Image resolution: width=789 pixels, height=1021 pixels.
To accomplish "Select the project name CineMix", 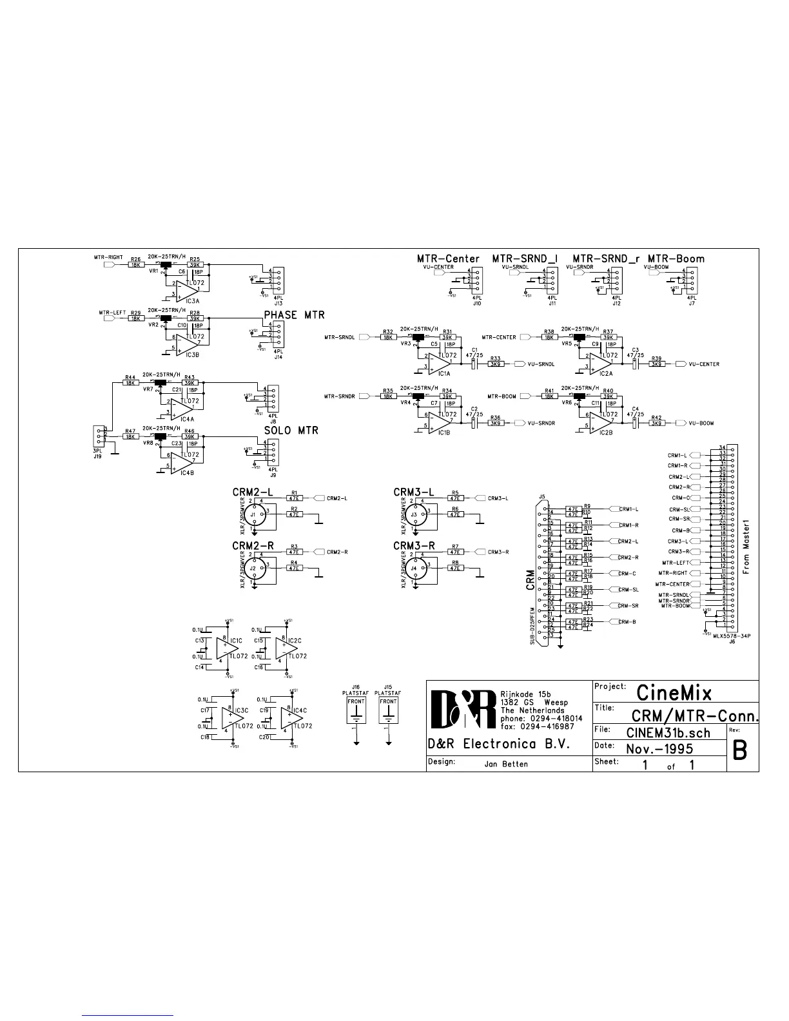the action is pyautogui.click(x=674, y=692).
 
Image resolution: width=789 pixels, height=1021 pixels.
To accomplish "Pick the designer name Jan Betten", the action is pyautogui.click(x=505, y=764).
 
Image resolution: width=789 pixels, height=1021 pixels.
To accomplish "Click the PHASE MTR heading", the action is pyautogui.click(x=294, y=315).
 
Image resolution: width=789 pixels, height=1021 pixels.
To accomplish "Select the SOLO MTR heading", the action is pyautogui.click(x=291, y=430).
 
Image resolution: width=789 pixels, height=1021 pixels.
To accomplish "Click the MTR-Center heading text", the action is pyautogui.click(x=448, y=258).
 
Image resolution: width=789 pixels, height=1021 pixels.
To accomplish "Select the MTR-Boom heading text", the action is pyautogui.click(x=676, y=258).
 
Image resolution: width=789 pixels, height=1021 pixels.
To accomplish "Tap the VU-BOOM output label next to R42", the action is pyautogui.click(x=701, y=423).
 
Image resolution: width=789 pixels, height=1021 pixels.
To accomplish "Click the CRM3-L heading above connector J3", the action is pyautogui.click(x=414, y=492).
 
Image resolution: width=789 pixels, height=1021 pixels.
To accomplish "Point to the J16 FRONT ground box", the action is pyautogui.click(x=356, y=708).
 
